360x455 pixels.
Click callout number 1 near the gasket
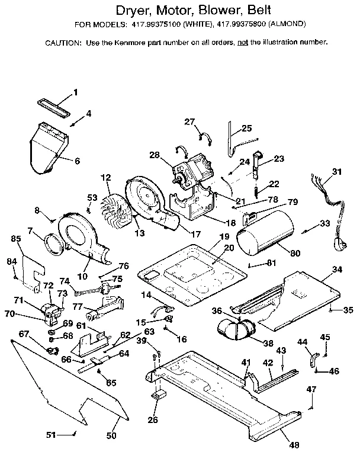click(75, 92)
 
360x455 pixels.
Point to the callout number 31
click(337, 172)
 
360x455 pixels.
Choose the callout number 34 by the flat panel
click(337, 270)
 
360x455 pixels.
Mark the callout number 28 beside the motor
click(155, 155)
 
